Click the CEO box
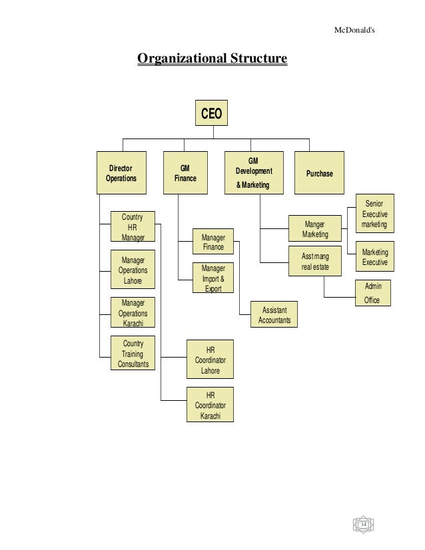pos(212,114)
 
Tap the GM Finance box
pos(185,173)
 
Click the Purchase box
pos(319,173)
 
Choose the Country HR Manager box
pos(133,227)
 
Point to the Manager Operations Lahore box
pos(133,270)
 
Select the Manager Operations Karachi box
pos(133,313)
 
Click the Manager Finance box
pos(212,242)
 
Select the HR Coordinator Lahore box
pos(210,360)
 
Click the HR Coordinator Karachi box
pos(210,405)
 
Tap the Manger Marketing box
pos(314,230)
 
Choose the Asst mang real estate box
pos(314,262)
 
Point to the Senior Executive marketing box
pos(374,214)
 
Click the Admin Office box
pos(372,293)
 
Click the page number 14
pos(364,524)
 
